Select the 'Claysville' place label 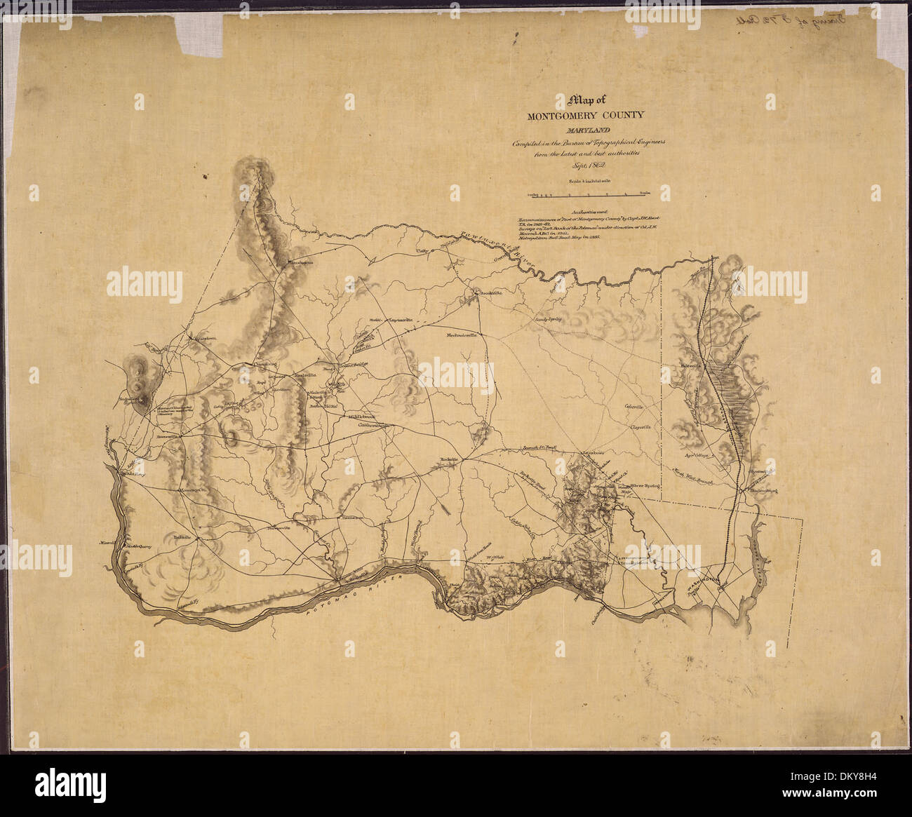click(x=641, y=426)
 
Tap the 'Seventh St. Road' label click(x=538, y=447)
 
